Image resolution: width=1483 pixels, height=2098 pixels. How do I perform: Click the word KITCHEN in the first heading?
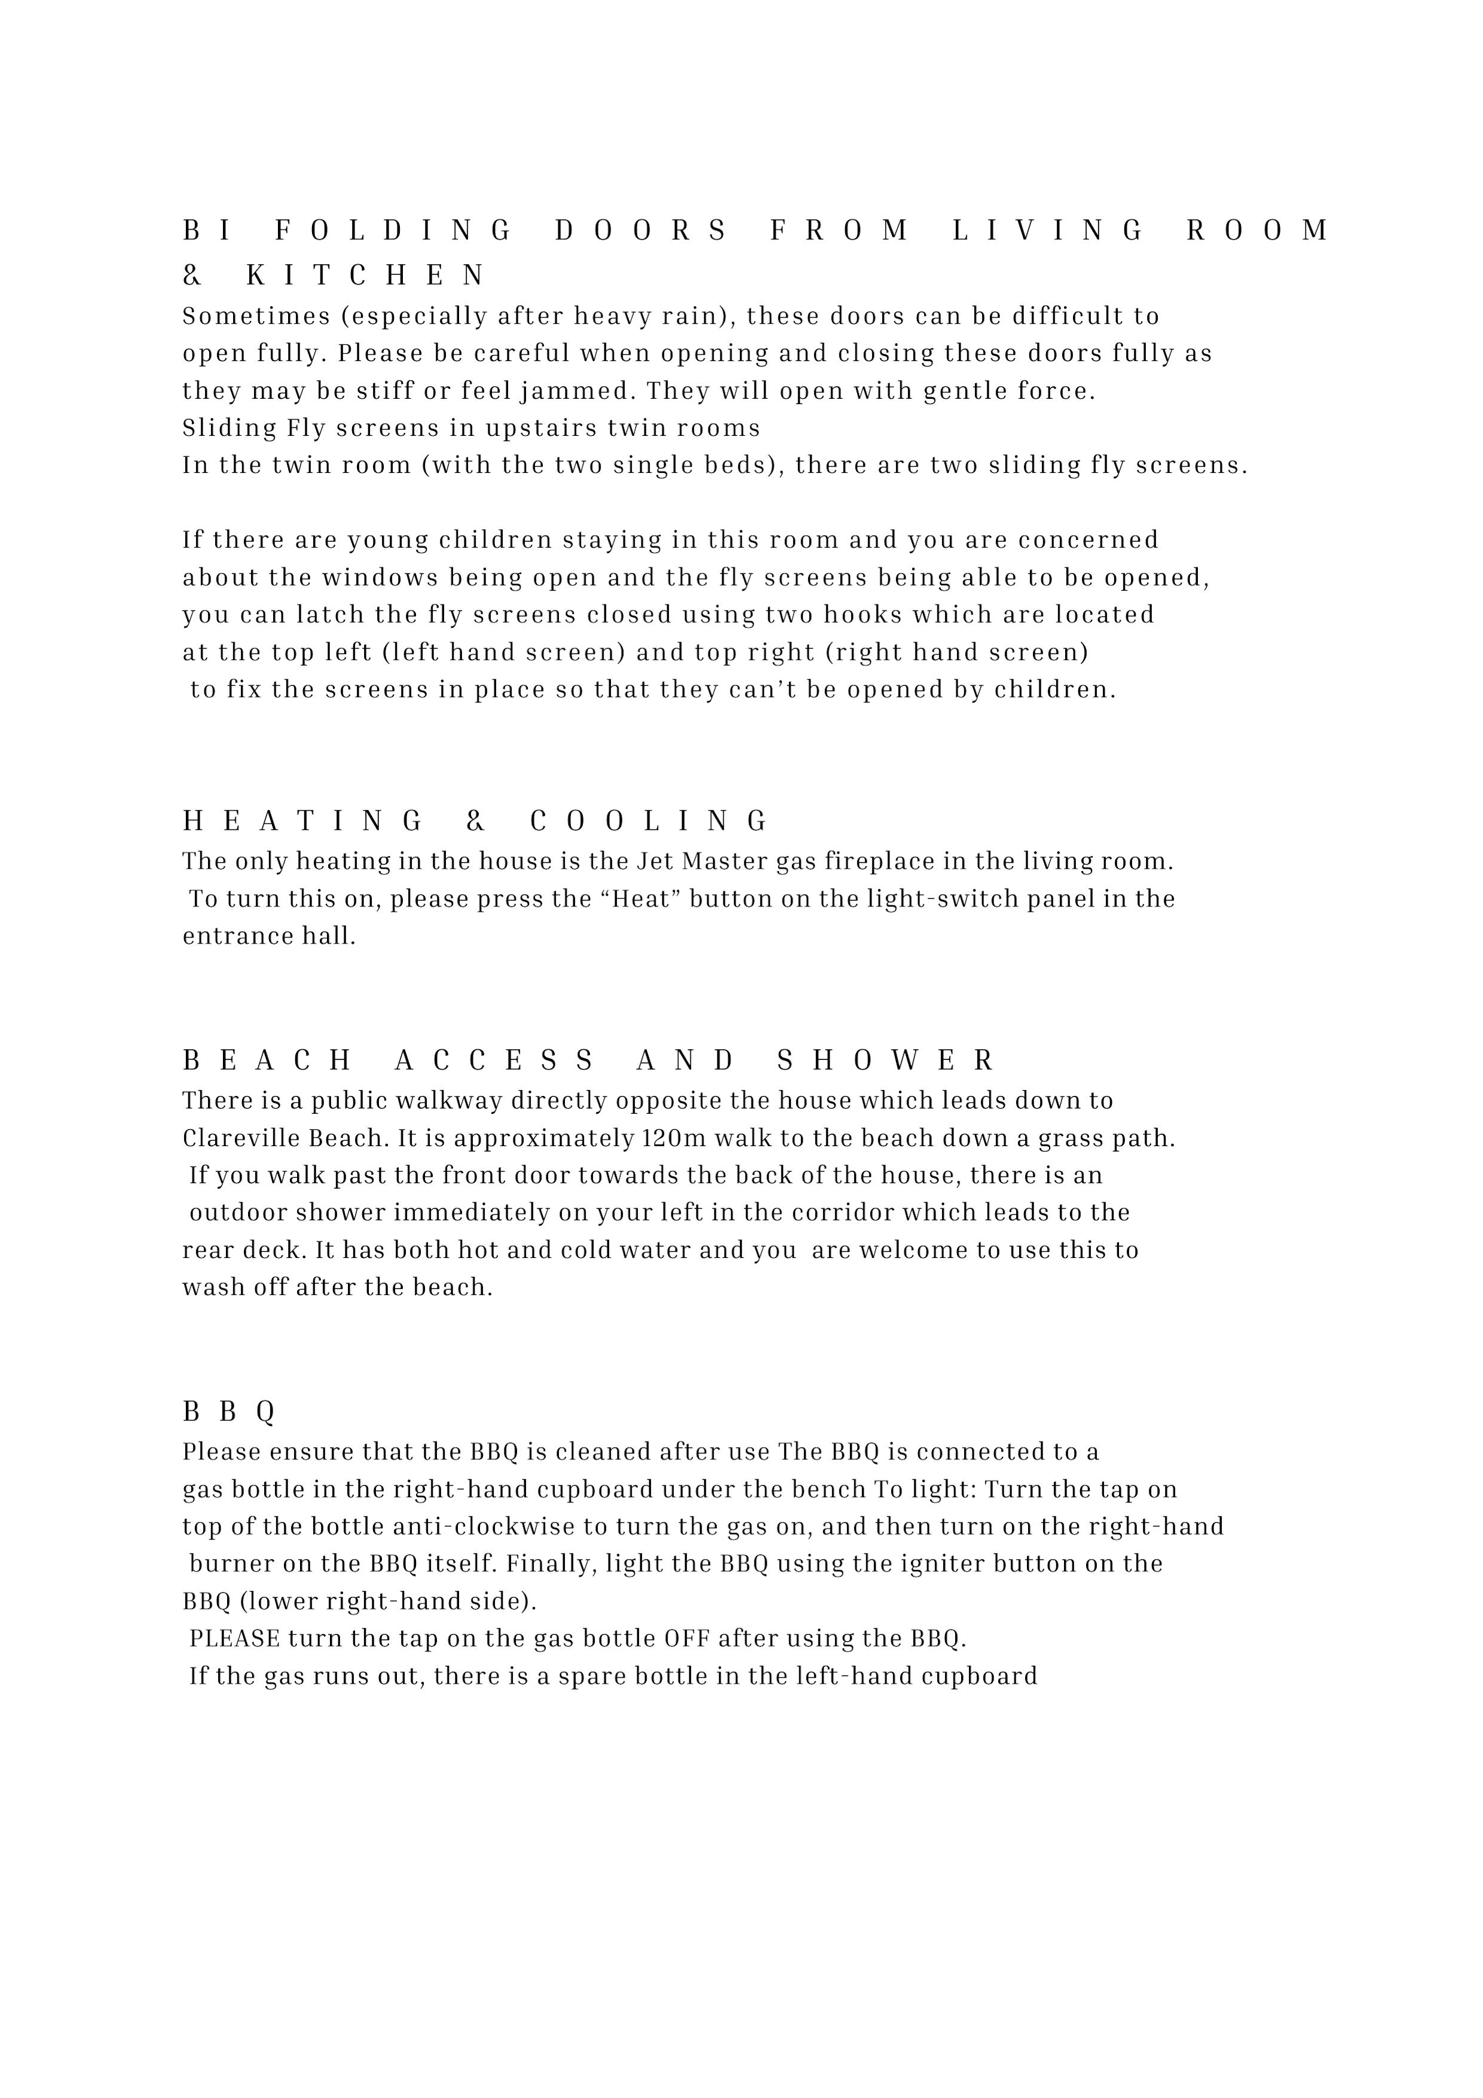(365, 275)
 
